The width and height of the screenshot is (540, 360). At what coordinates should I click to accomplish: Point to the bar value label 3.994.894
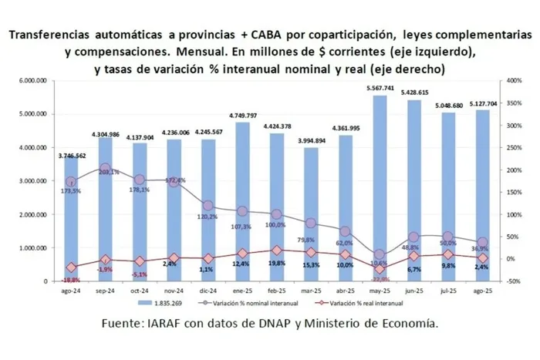pos(310,141)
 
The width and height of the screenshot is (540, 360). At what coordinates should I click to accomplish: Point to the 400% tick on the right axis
pos(511,80)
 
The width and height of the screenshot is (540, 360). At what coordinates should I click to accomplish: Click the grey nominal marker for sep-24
pos(106,167)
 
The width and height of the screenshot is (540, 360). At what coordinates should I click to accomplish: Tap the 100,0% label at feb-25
pos(275,226)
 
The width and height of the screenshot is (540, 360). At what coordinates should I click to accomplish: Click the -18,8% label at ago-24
pos(71,281)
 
